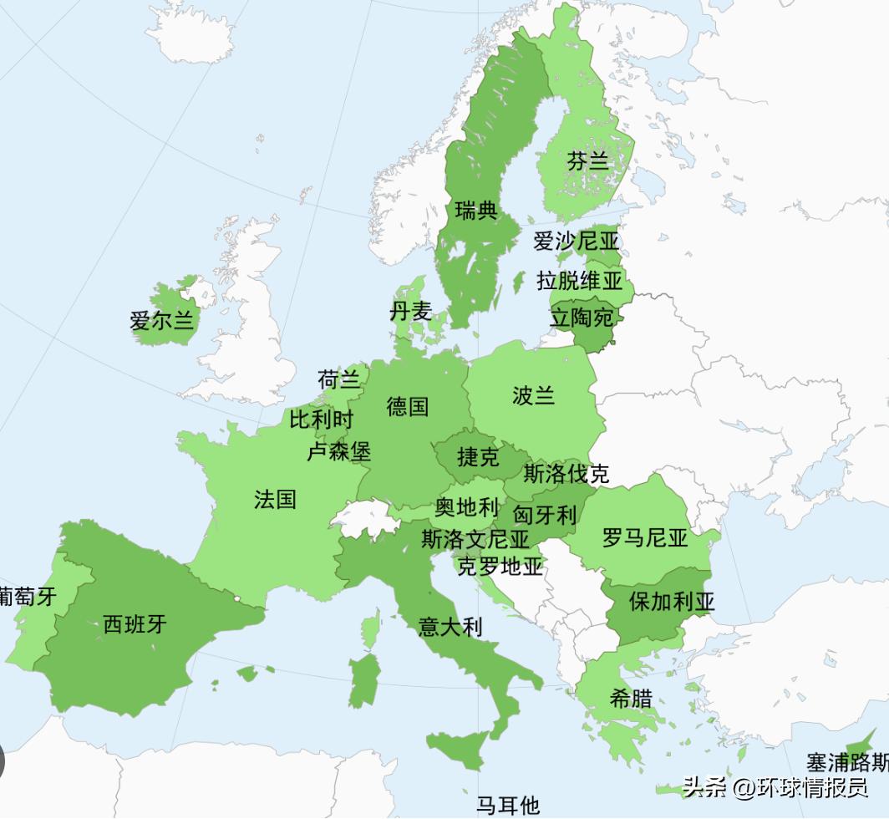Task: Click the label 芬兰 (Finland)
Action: [588, 161]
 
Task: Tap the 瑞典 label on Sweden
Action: [476, 211]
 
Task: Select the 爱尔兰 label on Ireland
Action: [161, 320]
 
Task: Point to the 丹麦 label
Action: [410, 312]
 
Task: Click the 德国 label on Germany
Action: [408, 407]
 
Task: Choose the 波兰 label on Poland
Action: [534, 395]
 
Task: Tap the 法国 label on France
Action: [276, 500]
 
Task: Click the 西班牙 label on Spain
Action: [135, 623]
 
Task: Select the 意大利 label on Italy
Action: [450, 626]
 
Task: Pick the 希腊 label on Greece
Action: [631, 699]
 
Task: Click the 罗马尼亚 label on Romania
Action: [645, 537]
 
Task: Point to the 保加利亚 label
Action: [672, 602]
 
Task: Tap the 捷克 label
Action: [478, 457]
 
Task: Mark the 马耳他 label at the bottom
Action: [508, 806]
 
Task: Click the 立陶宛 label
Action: [582, 318]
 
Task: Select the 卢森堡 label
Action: [338, 452]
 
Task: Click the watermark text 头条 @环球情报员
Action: [775, 787]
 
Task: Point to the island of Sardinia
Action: [363, 679]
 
